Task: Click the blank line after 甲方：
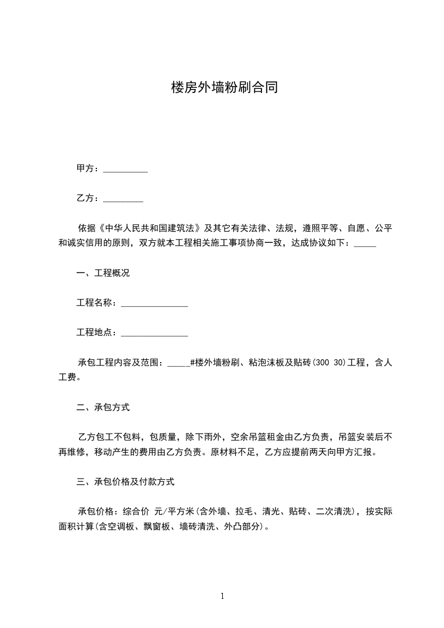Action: [125, 170]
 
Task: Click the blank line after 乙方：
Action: [123, 199]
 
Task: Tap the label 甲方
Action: [85, 168]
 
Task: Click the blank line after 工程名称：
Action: [154, 304]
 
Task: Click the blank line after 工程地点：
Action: [154, 334]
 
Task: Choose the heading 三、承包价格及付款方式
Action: [126, 481]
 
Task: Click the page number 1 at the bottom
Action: [222, 596]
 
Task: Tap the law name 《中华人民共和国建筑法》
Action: [149, 228]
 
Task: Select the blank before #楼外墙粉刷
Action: [179, 364]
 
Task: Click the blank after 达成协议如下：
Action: [366, 244]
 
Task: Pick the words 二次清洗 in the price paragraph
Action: [335, 511]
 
